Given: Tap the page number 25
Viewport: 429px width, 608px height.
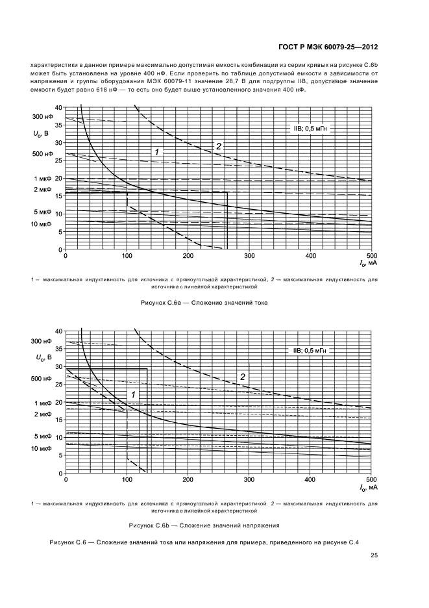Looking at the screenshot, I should [x=374, y=555].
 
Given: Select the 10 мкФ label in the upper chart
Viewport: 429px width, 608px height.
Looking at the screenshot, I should [x=41, y=224].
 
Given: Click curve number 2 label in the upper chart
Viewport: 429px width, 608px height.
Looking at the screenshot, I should [x=219, y=146].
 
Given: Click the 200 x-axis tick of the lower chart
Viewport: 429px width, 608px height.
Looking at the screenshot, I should [x=188, y=480].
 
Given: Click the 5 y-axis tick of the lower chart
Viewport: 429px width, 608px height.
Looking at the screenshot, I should [x=59, y=455].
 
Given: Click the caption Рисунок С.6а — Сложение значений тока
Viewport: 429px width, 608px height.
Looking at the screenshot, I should [x=204, y=303].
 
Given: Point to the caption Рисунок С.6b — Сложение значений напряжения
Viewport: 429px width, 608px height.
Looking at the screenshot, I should [x=204, y=525].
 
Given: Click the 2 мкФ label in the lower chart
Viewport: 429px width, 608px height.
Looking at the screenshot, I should [x=42, y=414].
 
